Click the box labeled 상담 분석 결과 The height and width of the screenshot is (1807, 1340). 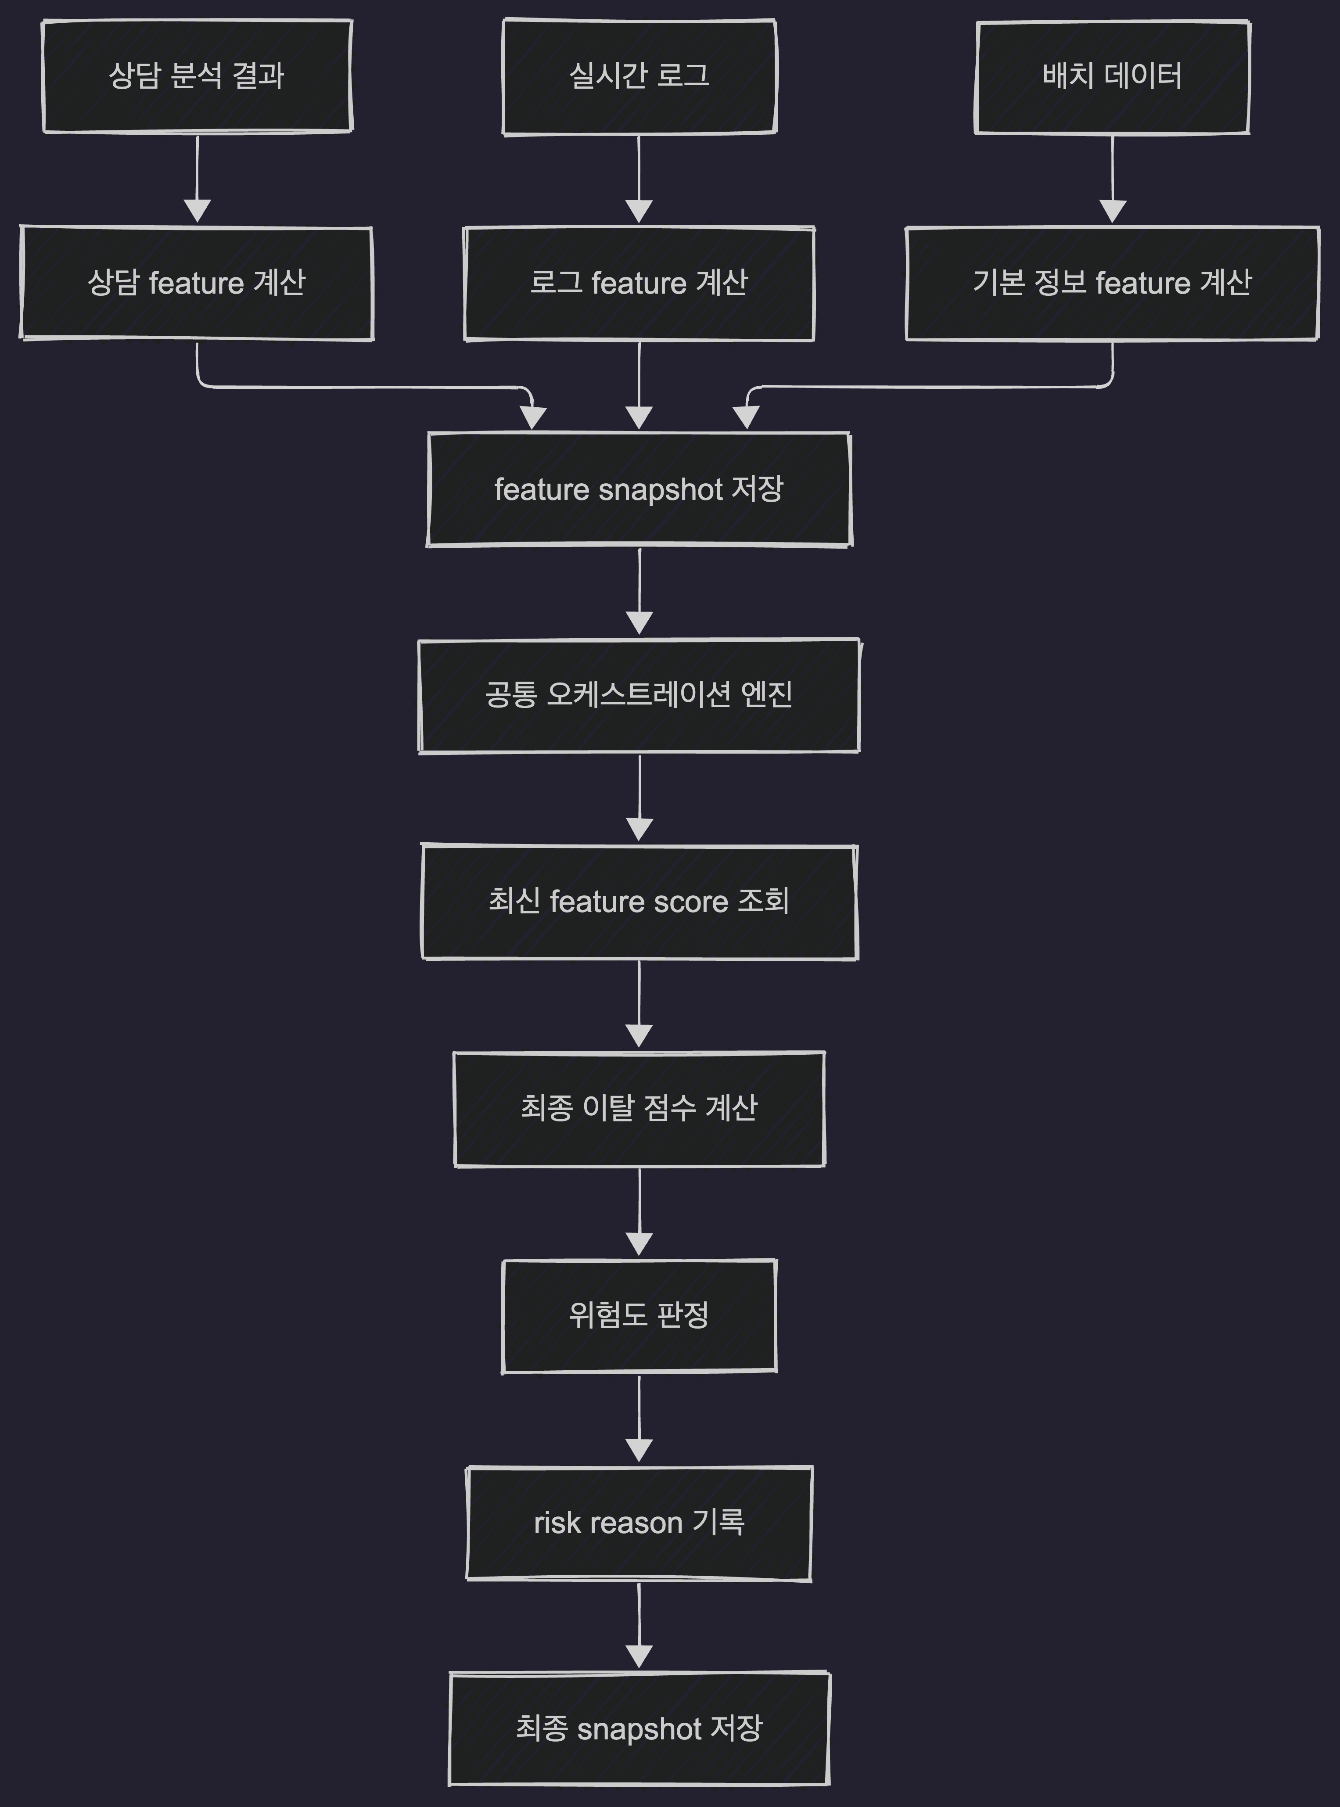coord(197,76)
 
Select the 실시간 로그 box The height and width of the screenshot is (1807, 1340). coord(639,76)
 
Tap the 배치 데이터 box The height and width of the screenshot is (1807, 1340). coord(1112,76)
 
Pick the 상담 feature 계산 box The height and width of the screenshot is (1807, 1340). coord(196,283)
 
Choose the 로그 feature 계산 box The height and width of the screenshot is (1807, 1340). coord(639,283)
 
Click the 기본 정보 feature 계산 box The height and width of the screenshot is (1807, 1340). coord(1112,283)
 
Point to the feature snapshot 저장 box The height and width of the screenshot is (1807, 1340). coord(639,489)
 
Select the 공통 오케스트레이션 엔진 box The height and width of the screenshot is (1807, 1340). coord(639,695)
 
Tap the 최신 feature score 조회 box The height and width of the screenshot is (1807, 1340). coord(639,902)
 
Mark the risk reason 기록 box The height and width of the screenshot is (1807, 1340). coord(639,1522)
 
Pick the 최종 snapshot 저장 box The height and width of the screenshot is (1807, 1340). coord(639,1728)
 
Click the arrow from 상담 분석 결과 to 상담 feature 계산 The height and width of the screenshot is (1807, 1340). coord(197,179)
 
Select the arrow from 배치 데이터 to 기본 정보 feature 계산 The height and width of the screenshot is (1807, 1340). coord(1112,179)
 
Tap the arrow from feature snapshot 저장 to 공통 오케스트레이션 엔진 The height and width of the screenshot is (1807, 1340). coord(639,592)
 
